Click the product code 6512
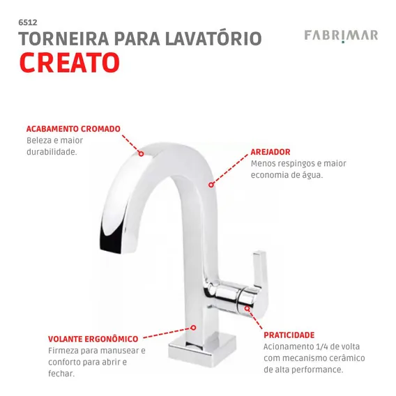[28, 22]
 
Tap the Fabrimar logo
[341, 36]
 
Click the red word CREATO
[70, 62]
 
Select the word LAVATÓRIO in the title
[213, 38]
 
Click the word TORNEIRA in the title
[63, 38]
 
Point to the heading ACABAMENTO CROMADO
[73, 129]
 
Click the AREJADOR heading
[271, 152]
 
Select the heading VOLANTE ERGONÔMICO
[93, 339]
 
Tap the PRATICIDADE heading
[289, 335]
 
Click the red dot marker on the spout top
[141, 153]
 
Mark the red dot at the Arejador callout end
[211, 185]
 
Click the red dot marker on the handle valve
[247, 308]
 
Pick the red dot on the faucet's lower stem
[193, 328]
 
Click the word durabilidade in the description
[52, 152]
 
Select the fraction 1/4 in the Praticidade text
[319, 346]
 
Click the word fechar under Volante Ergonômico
[61, 374]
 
